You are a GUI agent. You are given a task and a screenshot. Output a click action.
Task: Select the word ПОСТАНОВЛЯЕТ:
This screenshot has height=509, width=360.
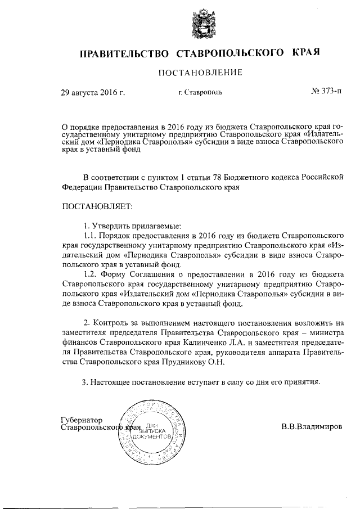[97, 207]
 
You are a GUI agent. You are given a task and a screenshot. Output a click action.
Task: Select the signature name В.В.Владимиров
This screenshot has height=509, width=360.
[312, 426]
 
